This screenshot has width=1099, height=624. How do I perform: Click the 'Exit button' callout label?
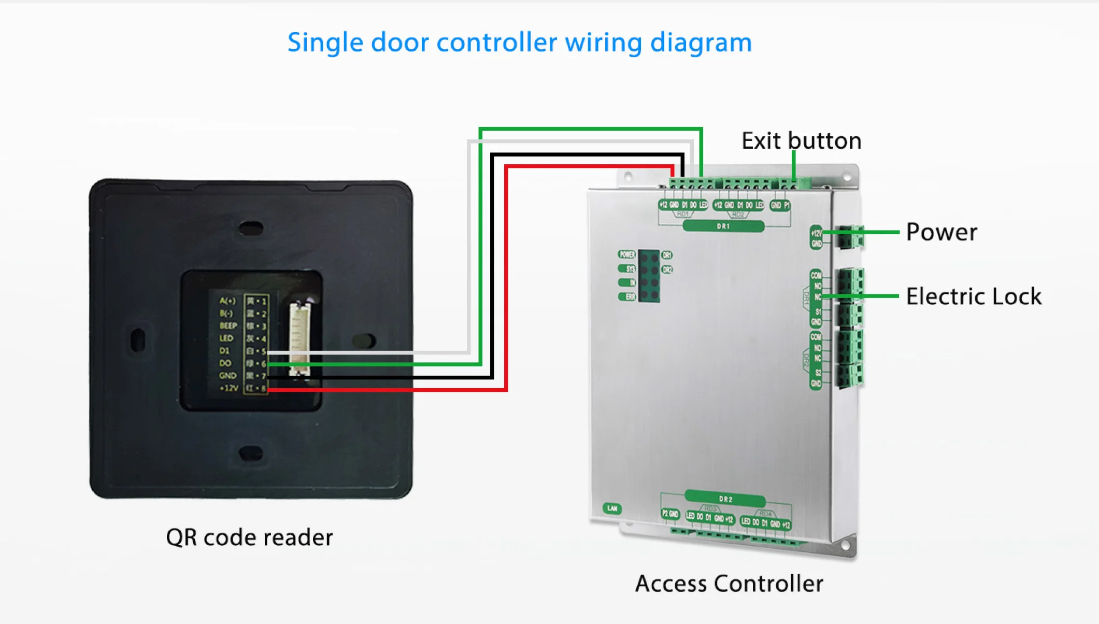coord(801,141)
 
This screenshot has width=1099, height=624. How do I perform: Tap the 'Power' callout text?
coord(941,232)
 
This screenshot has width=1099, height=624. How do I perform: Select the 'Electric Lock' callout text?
coord(974,296)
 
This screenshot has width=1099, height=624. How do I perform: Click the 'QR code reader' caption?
coord(249,537)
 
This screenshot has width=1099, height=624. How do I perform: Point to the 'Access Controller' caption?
coord(729,584)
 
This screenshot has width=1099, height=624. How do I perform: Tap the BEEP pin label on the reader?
coord(228,325)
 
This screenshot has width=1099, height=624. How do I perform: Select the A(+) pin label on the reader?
coord(227,301)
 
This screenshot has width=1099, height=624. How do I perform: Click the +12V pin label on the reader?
coord(229,388)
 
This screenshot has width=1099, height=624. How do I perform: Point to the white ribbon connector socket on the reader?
coord(299,337)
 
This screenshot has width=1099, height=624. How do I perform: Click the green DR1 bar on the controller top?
coord(723,226)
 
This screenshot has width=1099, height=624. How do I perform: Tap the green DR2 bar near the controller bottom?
coord(725,499)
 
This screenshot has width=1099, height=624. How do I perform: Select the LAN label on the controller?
coord(612,508)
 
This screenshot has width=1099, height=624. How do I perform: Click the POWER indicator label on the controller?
coord(627,254)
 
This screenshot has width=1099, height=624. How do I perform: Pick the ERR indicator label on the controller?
coord(627,297)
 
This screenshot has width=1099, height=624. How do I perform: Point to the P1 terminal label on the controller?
coord(787,205)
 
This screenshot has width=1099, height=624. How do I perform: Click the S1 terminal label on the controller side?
coord(818,312)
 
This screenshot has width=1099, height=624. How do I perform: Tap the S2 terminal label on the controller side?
coord(818,373)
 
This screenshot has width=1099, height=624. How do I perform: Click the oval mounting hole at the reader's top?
coord(251,228)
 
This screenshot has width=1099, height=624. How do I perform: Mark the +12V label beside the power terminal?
coord(816,233)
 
